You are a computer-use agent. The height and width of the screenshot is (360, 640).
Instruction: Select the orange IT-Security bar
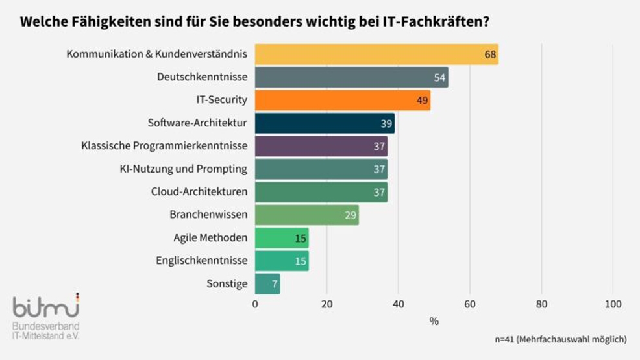pos(342,101)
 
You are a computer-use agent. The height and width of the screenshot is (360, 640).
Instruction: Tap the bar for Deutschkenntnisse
pos(351,77)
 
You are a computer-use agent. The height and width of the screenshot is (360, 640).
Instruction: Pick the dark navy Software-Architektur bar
pos(325,123)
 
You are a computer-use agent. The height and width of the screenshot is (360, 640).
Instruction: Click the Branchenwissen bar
pos(306,215)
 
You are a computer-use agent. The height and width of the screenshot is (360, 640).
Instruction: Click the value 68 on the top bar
pos(490,54)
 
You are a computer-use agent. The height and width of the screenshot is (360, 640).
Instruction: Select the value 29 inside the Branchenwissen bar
pos(351,215)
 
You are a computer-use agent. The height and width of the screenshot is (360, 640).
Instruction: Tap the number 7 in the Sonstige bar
pos(275,284)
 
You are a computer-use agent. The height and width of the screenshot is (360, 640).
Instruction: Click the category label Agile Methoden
pos(210,237)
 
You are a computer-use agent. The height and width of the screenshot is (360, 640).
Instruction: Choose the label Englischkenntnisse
pos(201,261)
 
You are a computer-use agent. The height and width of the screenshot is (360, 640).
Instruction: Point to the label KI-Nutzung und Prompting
pos(184,169)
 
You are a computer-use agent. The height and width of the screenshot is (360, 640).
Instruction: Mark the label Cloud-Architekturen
pos(199,192)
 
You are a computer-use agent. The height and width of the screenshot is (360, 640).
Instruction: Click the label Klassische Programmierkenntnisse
pos(164,146)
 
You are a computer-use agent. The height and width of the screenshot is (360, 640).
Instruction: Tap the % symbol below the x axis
pos(434,321)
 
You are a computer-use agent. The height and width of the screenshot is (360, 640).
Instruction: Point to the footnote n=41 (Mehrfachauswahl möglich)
pos(560,339)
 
